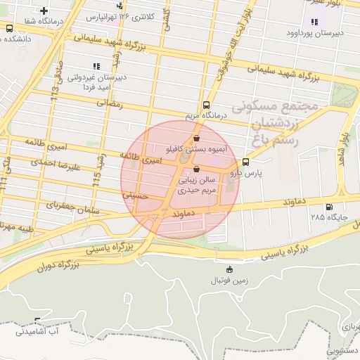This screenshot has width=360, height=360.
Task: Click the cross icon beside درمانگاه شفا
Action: point(44,11)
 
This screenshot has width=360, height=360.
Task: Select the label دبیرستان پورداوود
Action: point(314,33)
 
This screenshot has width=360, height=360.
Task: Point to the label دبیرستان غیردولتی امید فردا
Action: point(96,83)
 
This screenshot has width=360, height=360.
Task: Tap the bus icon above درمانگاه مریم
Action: point(205,104)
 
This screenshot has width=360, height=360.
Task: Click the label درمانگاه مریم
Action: point(205,115)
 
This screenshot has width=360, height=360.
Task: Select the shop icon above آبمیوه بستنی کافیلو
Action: point(195,139)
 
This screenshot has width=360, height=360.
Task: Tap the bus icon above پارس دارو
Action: point(245,162)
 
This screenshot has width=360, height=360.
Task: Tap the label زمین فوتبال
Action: point(229,281)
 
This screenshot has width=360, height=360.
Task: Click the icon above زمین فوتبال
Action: point(229,269)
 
